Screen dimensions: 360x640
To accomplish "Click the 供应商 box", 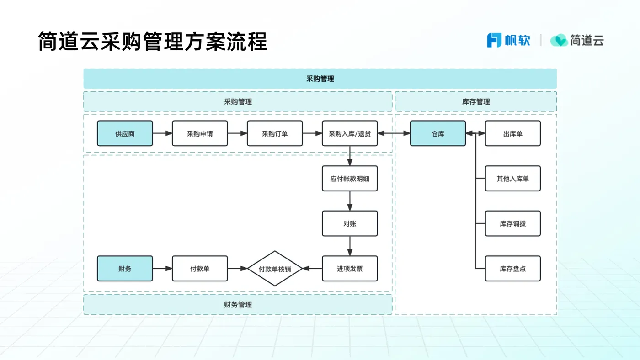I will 125,133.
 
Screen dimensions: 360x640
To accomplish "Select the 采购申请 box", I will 200,133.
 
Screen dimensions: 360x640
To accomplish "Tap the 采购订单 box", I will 275,133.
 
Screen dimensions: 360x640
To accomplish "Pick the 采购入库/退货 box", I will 350,133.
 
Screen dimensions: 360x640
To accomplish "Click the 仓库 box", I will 437,133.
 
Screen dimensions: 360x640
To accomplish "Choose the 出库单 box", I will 512,133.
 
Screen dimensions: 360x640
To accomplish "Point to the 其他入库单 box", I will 512,178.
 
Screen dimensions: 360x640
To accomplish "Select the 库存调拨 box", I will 512,223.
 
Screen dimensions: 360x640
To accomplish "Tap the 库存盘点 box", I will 512,268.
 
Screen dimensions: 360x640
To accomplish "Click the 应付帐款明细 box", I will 350,178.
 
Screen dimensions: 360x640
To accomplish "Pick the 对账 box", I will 350,223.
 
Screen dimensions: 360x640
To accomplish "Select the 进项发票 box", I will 350,268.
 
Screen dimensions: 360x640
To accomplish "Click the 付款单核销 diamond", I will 275,269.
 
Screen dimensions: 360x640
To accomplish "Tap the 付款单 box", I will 200,268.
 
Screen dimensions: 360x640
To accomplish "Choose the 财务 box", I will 125,268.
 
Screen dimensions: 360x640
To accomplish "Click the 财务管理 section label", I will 238,304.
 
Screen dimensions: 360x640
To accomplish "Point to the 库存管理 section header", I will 475,101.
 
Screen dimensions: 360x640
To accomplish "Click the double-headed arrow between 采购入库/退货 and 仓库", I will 394,133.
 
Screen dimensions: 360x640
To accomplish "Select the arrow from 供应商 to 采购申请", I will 162,133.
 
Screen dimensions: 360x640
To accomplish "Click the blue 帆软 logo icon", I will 494,40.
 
